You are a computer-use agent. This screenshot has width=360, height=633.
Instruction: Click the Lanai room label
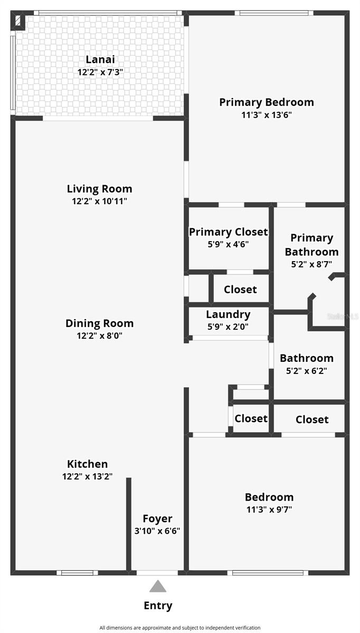click(100, 60)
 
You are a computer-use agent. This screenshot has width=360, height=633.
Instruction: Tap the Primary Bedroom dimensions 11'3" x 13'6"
click(267, 114)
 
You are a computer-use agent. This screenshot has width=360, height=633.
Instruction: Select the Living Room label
click(100, 188)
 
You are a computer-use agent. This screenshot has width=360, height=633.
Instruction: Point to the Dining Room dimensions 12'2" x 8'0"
click(100, 335)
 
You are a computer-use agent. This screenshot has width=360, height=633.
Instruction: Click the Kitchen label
click(88, 464)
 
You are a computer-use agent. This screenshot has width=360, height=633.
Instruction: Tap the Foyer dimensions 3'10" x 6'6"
click(157, 531)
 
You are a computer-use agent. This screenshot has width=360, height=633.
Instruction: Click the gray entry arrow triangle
click(157, 586)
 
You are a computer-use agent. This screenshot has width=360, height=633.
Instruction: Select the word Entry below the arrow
click(158, 606)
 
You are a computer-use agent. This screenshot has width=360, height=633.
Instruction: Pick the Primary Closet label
click(229, 232)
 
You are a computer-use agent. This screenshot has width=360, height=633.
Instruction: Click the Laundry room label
click(228, 315)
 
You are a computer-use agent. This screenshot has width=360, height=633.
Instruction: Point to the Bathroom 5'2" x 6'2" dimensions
click(307, 370)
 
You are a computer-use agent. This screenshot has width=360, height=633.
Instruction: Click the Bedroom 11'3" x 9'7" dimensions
click(269, 509)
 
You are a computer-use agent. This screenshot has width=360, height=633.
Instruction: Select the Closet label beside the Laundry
click(240, 289)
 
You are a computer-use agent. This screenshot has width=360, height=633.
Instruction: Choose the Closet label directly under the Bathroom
click(312, 419)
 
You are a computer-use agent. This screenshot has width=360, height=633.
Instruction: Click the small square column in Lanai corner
click(18, 21)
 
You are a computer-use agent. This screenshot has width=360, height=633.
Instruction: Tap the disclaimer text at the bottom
click(180, 628)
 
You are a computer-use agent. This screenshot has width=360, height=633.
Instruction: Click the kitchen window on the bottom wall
click(77, 572)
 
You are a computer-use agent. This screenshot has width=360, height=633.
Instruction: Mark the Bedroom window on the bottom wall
click(268, 572)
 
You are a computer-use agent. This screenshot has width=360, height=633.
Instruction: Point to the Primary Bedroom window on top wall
click(277, 13)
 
